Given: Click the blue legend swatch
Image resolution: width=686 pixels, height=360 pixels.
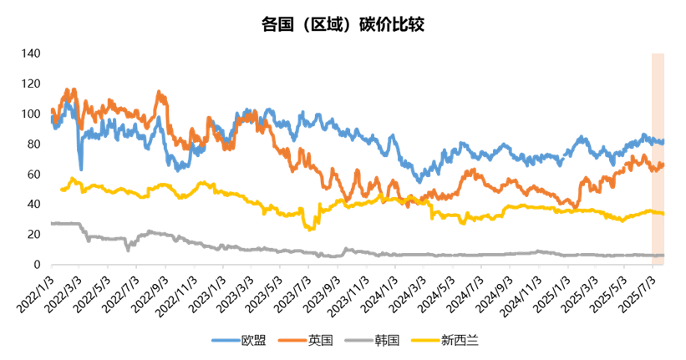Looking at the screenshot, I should [226, 340].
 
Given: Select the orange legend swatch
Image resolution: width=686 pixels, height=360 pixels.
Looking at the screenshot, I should [292, 340].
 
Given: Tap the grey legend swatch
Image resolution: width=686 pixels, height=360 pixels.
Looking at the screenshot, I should [359, 340].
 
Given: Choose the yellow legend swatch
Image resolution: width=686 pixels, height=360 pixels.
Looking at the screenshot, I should [425, 340].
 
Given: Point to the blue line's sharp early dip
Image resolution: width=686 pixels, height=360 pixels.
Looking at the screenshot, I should [80, 168].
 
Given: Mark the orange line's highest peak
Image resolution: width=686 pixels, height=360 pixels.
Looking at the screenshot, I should [69, 89].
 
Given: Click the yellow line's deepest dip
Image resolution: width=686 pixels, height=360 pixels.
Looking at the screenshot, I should [311, 229].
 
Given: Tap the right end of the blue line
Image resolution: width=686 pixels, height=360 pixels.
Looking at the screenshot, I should [663, 142].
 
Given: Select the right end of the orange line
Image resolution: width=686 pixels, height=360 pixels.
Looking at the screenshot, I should [663, 165].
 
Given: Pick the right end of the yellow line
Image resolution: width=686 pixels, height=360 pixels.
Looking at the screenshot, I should [663, 214].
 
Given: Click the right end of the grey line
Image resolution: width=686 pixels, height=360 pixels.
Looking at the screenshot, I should [663, 255].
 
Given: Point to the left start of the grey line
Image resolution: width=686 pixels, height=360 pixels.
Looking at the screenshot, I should [51, 223].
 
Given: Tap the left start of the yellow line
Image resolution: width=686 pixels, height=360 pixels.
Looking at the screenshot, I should [60, 190].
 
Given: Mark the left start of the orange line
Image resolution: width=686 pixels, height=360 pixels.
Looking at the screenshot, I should [51, 109].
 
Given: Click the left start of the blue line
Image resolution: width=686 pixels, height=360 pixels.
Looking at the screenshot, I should [51, 118].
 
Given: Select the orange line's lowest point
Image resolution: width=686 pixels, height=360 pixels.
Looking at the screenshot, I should [573, 205].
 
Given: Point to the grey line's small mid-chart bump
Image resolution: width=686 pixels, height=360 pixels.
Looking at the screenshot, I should [346, 248].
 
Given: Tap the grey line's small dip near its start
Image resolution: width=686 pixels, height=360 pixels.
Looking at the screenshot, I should [128, 249].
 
